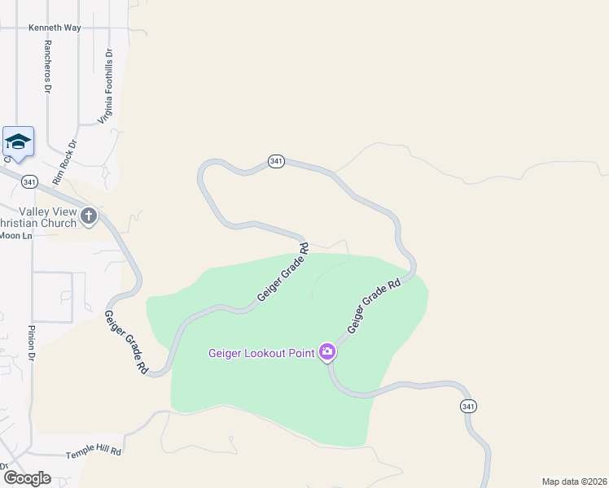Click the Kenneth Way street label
pyautogui.click(x=55, y=27)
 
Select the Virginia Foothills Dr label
pyautogui.click(x=106, y=85)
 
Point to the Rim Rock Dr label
pyautogui.click(x=64, y=161)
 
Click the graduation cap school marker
pyautogui.click(x=18, y=142)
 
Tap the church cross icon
pyautogui.click(x=89, y=216)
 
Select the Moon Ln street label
pyautogui.click(x=15, y=235)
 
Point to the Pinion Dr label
pyautogui.click(x=33, y=343)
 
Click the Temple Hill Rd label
pyautogui.click(x=94, y=450)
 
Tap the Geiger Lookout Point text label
pyautogui.click(x=261, y=353)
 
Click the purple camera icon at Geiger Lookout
pyautogui.click(x=327, y=352)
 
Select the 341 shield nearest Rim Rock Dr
pyautogui.click(x=30, y=181)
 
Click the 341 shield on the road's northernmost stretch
pyautogui.click(x=276, y=162)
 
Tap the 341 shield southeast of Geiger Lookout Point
pyautogui.click(x=467, y=406)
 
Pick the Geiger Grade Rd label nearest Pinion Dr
pyautogui.click(x=126, y=342)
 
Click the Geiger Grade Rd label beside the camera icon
pyautogui.click(x=375, y=303)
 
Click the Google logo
pyautogui.click(x=26, y=478)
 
